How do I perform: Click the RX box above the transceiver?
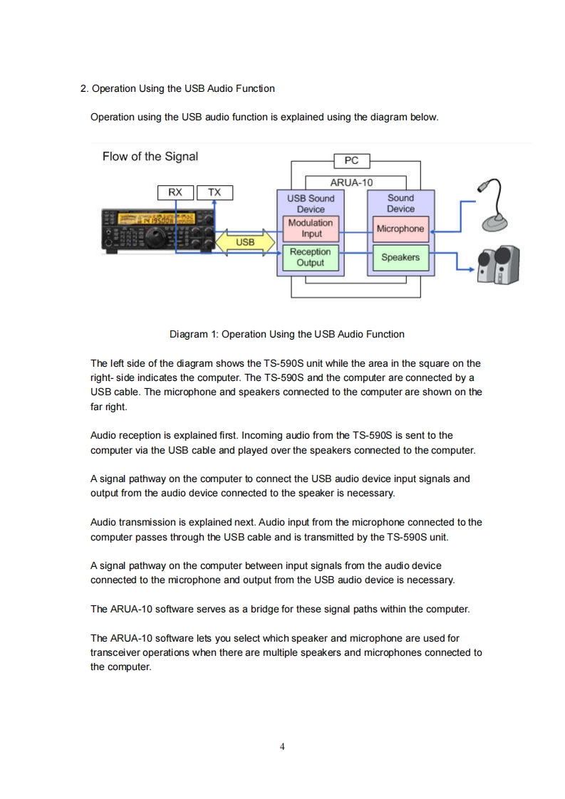tap(175, 192)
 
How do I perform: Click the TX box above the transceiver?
tap(214, 192)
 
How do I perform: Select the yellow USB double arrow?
tap(245, 242)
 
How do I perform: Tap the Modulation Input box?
tap(311, 228)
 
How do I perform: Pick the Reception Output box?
tap(311, 257)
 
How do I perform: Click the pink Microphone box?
tap(400, 229)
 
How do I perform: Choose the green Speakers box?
tap(400, 257)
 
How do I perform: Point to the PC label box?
tap(351, 161)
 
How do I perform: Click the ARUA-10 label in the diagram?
tap(351, 182)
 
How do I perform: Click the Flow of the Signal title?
tap(150, 157)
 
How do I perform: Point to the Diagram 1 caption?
tap(286, 334)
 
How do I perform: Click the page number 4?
tap(283, 746)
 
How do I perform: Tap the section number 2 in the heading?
tap(83, 88)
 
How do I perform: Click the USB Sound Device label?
tap(311, 203)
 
